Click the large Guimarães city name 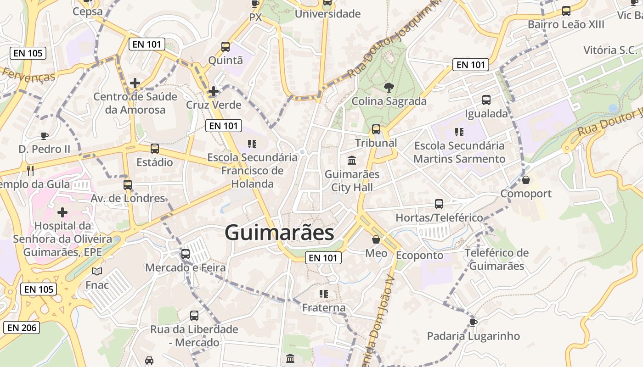point(279,233)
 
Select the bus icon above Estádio point(155,149)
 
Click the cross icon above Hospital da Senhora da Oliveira point(62,212)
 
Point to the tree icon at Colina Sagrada point(389,87)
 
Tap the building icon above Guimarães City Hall point(352,161)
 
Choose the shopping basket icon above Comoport point(526,180)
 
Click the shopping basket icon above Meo point(376,239)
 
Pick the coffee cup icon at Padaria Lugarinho point(474,323)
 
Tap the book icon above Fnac point(97,271)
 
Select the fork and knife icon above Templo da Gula point(31,171)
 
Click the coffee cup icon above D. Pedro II point(45,136)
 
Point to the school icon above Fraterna point(324,294)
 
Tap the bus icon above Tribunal point(376,129)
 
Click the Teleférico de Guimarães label point(496,259)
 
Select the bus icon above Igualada point(486,100)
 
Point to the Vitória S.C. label point(610,50)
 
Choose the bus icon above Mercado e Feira point(186,254)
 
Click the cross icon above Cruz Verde point(214,91)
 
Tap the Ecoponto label point(420,256)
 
